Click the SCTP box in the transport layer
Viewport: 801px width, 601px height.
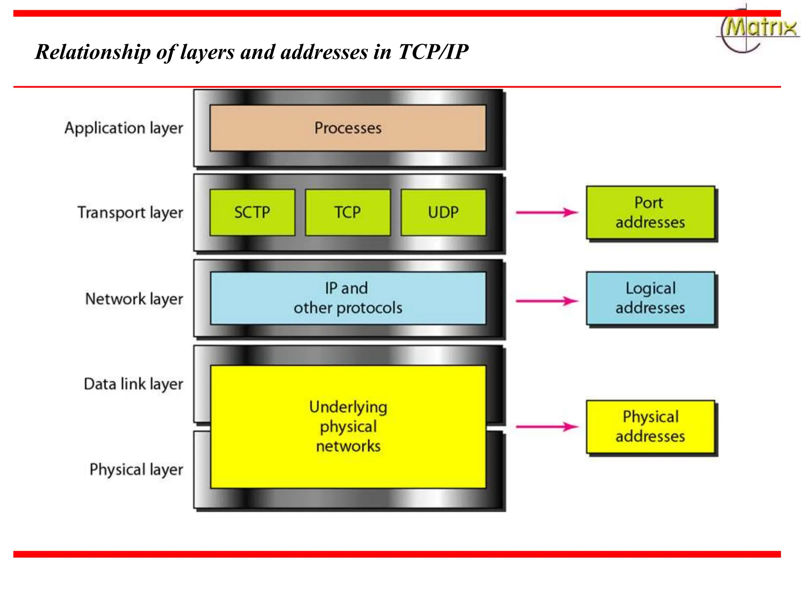[252, 212]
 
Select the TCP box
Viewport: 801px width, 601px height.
[348, 212]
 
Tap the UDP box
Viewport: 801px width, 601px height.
[443, 212]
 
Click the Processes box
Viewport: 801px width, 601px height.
[348, 128]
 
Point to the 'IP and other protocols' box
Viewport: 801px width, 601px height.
[348, 298]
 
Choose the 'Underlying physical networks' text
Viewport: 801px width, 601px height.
[348, 426]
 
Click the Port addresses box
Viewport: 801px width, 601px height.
[650, 212]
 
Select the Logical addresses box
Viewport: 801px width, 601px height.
[650, 298]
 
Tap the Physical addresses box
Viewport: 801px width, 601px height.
[650, 426]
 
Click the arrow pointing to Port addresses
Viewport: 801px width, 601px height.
[547, 212]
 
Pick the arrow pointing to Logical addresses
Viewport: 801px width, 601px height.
[547, 301]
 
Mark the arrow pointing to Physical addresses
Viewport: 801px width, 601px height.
[547, 426]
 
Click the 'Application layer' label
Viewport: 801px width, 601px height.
[124, 128]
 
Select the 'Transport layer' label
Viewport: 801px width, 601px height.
[130, 213]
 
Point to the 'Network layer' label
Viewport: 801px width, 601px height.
[134, 299]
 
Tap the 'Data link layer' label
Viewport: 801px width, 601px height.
[133, 384]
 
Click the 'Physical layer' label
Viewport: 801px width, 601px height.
[136, 470]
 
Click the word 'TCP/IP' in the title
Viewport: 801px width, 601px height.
[433, 52]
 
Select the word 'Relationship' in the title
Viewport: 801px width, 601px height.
[93, 52]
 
